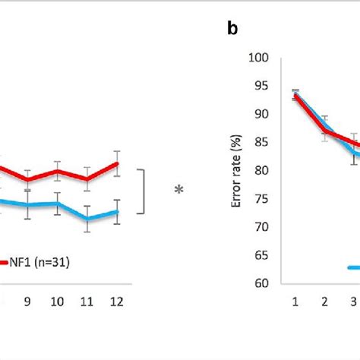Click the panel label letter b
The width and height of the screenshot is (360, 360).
[x=232, y=30]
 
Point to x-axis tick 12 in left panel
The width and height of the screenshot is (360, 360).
[x=118, y=302]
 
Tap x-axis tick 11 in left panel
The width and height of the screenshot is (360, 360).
[x=88, y=302]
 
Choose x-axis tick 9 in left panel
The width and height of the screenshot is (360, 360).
[x=27, y=302]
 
